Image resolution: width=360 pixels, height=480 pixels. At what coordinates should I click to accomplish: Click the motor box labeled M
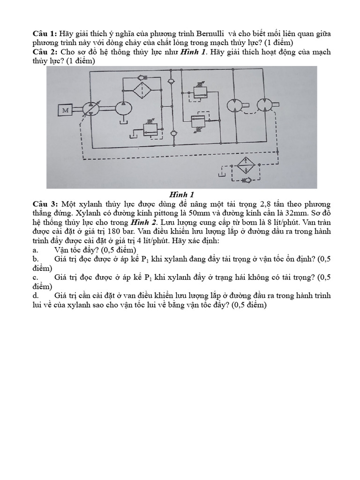[x=64, y=111]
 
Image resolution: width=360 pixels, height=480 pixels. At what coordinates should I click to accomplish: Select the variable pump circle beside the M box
[x=90, y=108]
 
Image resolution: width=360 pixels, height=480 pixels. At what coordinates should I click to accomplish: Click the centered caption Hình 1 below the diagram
[x=181, y=195]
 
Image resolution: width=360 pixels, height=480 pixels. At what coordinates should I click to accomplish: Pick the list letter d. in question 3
[x=35, y=295]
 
